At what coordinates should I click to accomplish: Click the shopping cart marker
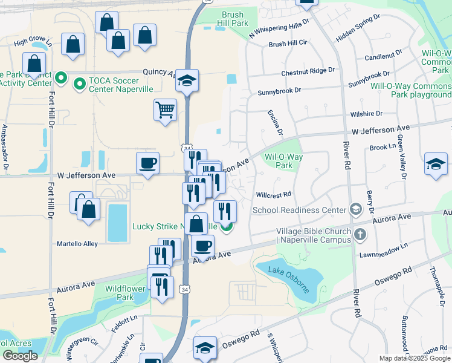(x=165, y=110)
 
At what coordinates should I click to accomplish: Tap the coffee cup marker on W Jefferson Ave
(x=148, y=163)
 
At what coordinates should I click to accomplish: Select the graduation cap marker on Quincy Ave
(x=187, y=80)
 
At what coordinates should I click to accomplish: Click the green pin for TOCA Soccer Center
(x=79, y=83)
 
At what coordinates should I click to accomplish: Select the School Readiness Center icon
(x=357, y=210)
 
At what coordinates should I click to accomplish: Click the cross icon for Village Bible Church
(x=360, y=234)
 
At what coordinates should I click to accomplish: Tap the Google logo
(x=20, y=356)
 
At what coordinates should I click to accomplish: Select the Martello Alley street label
(x=77, y=244)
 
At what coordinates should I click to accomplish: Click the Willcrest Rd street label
(x=274, y=195)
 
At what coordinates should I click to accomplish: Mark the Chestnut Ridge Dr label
(x=308, y=71)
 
